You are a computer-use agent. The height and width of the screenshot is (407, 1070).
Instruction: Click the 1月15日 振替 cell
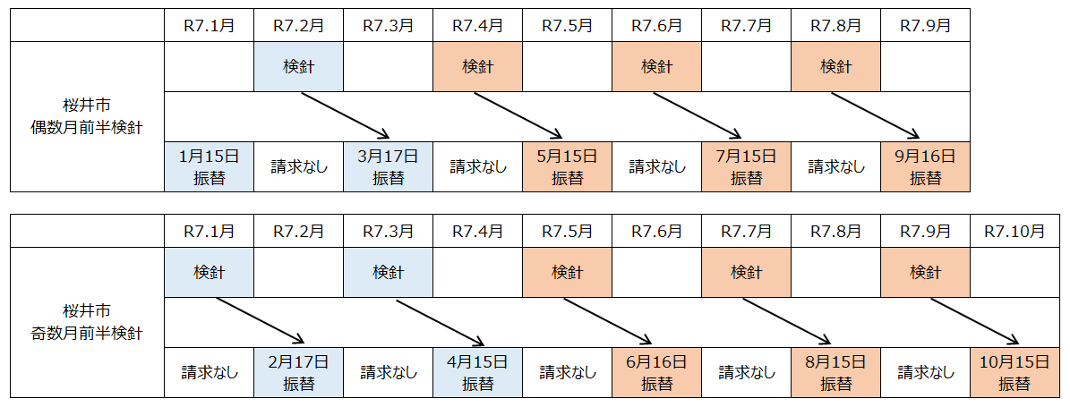click(x=209, y=166)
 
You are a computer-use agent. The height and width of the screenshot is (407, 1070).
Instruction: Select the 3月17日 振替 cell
click(x=388, y=166)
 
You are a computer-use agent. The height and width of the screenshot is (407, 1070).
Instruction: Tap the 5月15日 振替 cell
click(x=567, y=166)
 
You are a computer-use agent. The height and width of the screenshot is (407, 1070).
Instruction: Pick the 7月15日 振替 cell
click(x=746, y=166)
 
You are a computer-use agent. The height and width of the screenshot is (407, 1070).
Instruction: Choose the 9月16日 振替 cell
click(x=925, y=166)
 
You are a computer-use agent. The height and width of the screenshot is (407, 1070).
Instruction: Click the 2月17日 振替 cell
click(x=298, y=372)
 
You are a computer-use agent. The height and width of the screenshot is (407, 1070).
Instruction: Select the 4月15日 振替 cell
click(x=477, y=372)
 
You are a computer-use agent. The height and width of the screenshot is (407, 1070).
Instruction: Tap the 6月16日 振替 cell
click(x=656, y=372)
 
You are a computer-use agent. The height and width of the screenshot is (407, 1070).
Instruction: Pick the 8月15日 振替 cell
click(x=835, y=372)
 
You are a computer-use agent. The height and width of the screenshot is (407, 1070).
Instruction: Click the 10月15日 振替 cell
click(x=1014, y=372)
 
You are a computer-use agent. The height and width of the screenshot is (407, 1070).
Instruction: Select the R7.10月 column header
click(x=1014, y=231)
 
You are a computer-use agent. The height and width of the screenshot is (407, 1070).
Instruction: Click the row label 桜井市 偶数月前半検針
click(x=87, y=116)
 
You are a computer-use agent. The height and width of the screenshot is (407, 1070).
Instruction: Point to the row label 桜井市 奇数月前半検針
click(x=87, y=322)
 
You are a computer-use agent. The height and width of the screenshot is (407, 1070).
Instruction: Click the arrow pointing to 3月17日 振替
click(x=345, y=115)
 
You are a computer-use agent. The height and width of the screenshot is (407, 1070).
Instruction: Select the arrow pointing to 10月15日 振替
click(x=974, y=321)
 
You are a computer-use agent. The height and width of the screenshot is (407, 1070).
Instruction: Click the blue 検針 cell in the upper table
click(x=298, y=66)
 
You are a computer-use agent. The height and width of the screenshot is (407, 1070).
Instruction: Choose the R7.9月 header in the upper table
click(x=925, y=25)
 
